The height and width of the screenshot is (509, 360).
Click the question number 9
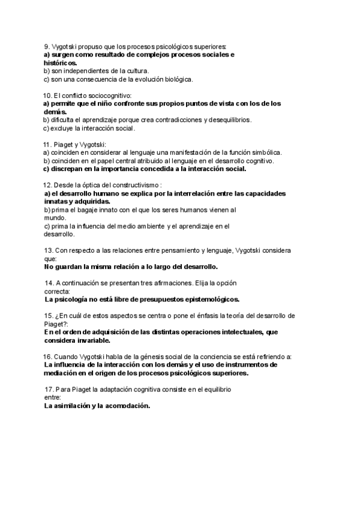46,47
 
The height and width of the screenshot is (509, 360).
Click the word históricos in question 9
59,62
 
